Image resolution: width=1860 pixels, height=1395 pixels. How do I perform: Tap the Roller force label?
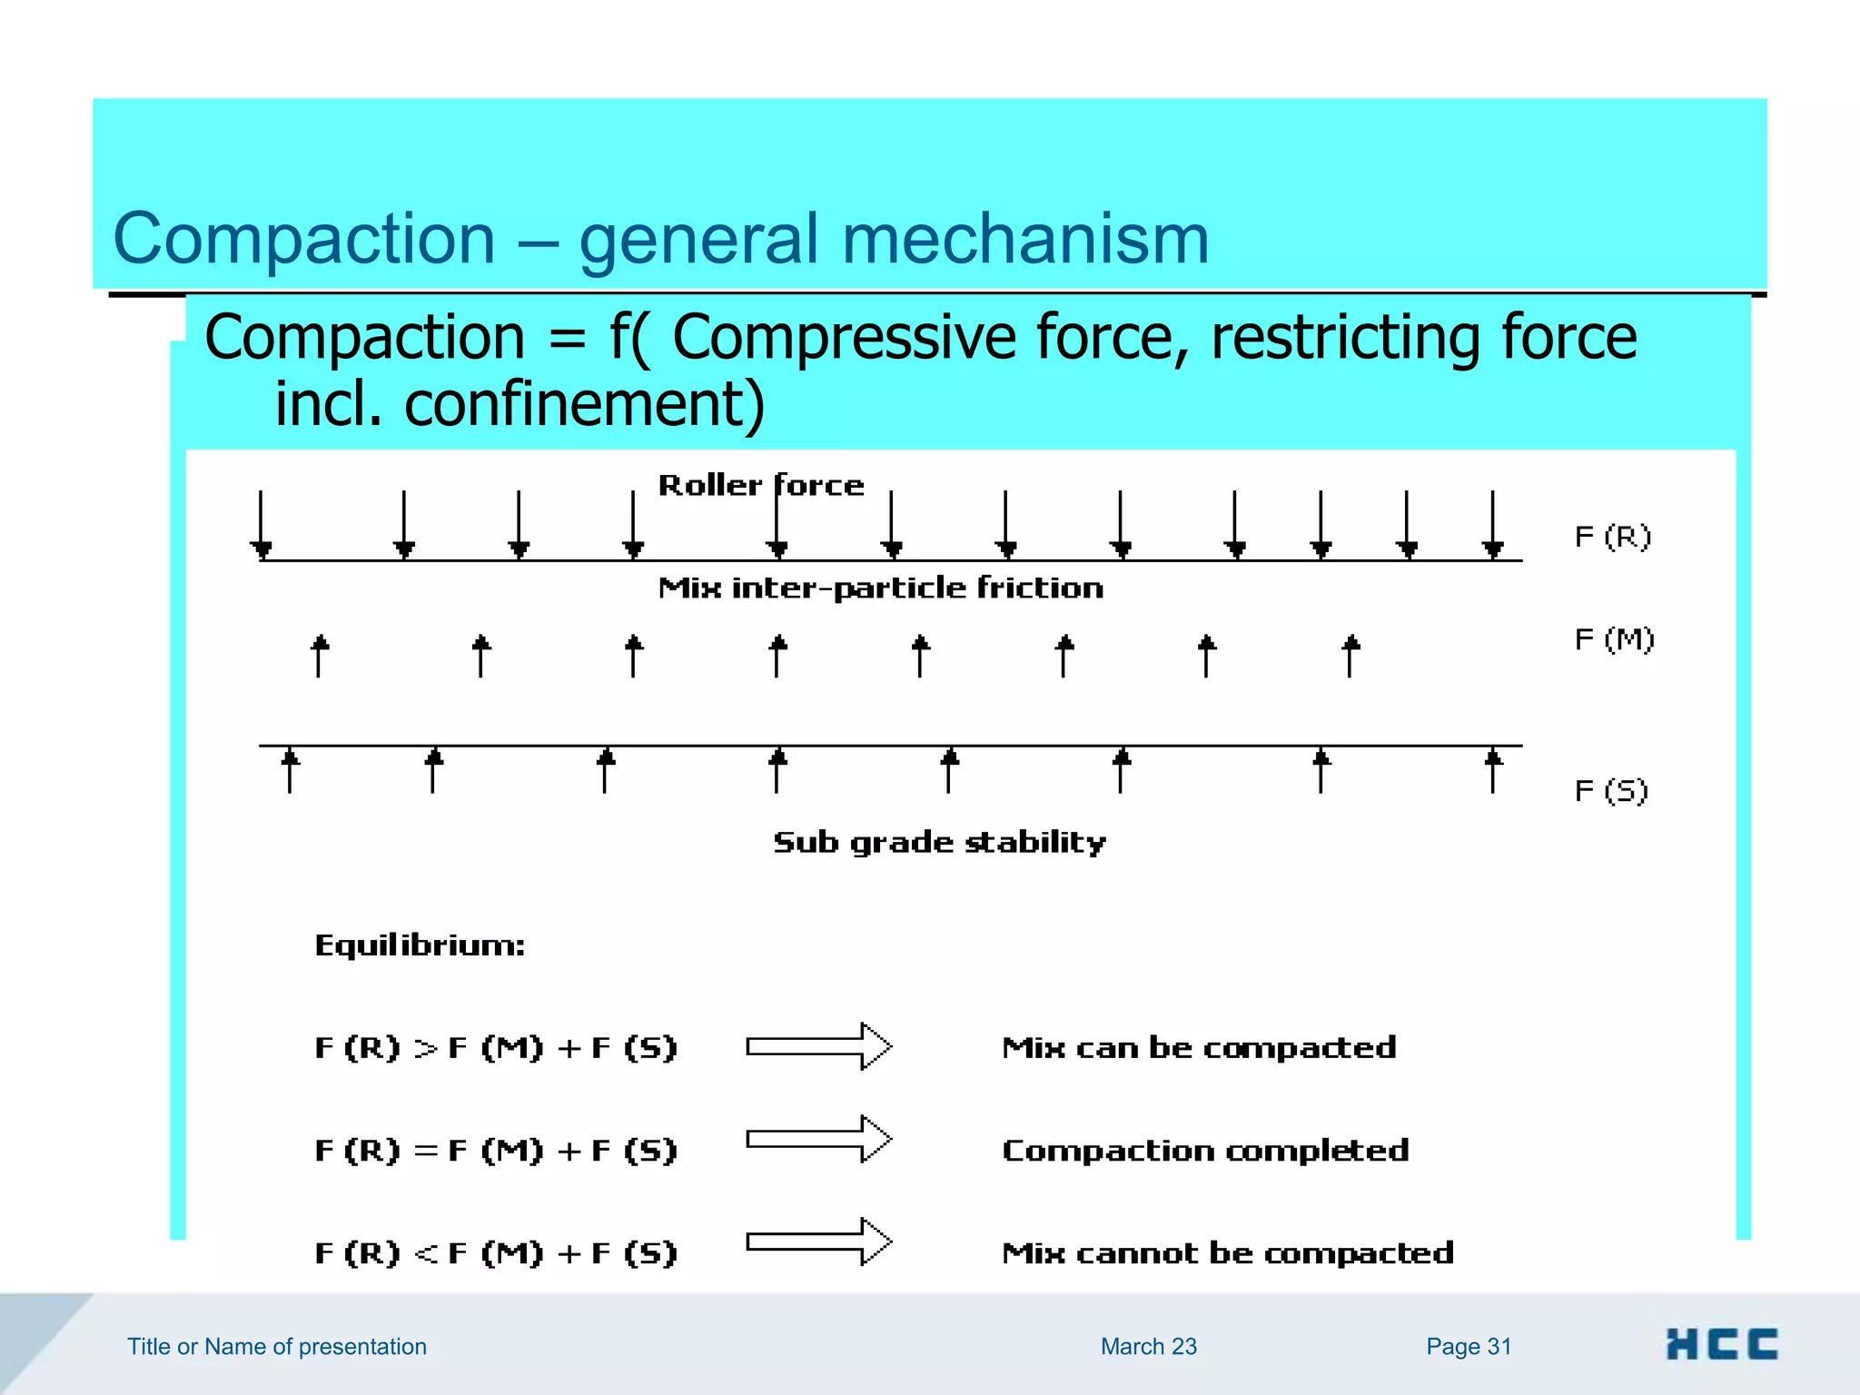pyautogui.click(x=760, y=486)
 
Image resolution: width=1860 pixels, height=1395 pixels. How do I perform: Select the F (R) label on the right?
pyautogui.click(x=1612, y=538)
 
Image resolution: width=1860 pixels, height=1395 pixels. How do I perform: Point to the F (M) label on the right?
pyautogui.click(x=1614, y=640)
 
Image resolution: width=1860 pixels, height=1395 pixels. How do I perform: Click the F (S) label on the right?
pyautogui.click(x=1611, y=791)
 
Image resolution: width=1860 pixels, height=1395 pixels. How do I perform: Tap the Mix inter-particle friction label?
pyautogui.click(x=880, y=589)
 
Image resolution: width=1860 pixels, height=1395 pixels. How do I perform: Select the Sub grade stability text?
pyautogui.click(x=939, y=843)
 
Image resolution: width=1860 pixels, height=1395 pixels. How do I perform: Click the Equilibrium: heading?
pyautogui.click(x=420, y=946)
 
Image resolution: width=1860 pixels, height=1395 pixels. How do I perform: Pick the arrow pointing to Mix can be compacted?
pyautogui.click(x=818, y=1047)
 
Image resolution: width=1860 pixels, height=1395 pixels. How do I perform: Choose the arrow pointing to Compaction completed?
pyautogui.click(x=818, y=1139)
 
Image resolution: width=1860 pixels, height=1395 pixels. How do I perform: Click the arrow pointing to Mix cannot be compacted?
pyautogui.click(x=818, y=1242)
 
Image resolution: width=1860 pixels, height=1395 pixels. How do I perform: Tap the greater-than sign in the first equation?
pyautogui.click(x=425, y=1049)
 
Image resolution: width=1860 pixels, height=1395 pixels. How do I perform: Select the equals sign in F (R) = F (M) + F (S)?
pyautogui.click(x=425, y=1152)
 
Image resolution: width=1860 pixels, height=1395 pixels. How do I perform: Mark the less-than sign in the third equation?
pyautogui.click(x=425, y=1254)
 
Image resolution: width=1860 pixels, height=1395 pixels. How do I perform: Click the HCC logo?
pyautogui.click(x=1721, y=1344)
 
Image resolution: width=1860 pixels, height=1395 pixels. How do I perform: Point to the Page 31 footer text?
pyautogui.click(x=1468, y=1347)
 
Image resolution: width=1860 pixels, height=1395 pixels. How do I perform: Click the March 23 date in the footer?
pyautogui.click(x=1148, y=1347)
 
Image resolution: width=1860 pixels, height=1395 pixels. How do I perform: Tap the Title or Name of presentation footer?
pyautogui.click(x=276, y=1347)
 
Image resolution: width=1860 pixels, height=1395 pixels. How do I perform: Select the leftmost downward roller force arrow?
pyautogui.click(x=262, y=525)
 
